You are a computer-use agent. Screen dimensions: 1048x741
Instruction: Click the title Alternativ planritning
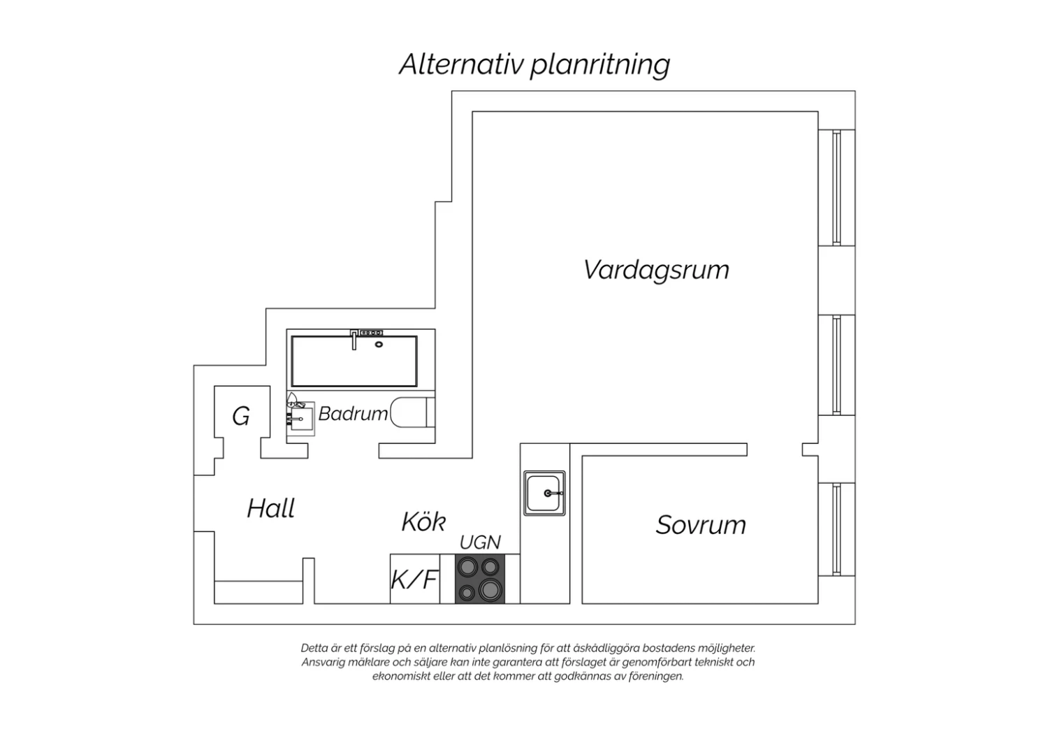(x=534, y=64)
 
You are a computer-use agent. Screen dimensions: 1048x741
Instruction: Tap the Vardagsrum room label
(x=656, y=271)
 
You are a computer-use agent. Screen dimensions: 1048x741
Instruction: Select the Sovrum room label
(x=700, y=525)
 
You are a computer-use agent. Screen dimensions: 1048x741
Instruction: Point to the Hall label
(x=271, y=508)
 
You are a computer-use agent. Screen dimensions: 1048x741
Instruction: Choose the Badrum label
(x=353, y=414)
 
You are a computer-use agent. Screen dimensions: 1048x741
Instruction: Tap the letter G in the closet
(x=241, y=416)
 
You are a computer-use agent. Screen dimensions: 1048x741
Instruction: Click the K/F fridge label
(x=414, y=580)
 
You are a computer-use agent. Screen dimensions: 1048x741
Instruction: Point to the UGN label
(x=480, y=542)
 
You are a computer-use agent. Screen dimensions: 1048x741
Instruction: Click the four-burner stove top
(x=480, y=579)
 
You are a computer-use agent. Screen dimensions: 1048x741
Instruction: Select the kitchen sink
(x=544, y=493)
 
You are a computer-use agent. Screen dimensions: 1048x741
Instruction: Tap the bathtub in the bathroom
(x=354, y=361)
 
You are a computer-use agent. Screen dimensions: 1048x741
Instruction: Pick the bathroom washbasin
(x=301, y=419)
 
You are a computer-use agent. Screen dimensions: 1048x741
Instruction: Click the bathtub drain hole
(x=379, y=345)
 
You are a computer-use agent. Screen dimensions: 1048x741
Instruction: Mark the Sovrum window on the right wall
(x=836, y=529)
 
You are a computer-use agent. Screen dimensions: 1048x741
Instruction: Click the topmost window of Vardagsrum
(x=836, y=187)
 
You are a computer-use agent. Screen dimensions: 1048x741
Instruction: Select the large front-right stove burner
(x=489, y=589)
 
